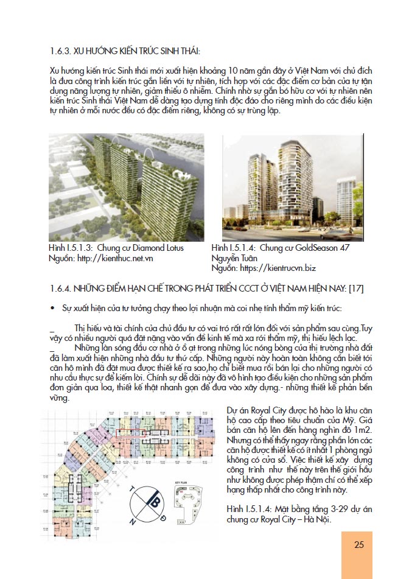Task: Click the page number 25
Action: pyautogui.click(x=359, y=544)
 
